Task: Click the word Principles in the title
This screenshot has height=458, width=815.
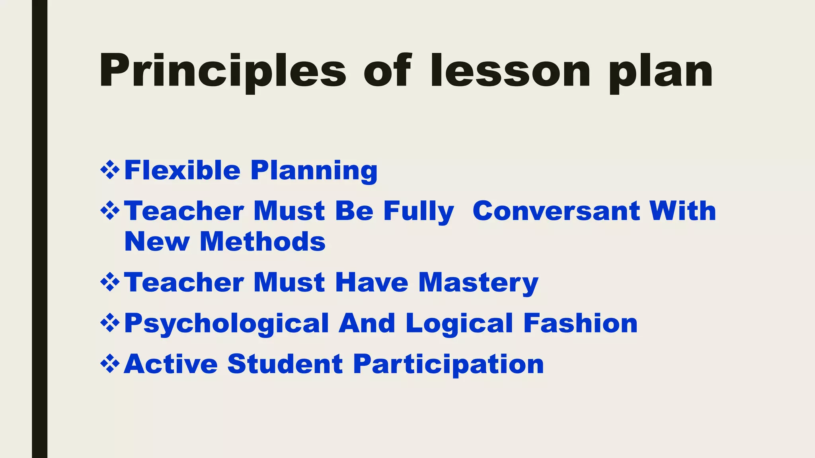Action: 223,72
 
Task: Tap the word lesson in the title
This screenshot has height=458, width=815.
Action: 510,72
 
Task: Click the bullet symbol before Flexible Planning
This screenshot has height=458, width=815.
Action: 110,170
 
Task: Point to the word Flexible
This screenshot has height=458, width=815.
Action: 182,170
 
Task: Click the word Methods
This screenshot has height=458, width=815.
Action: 263,242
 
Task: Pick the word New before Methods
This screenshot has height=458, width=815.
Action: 157,242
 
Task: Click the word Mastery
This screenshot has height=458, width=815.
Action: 478,283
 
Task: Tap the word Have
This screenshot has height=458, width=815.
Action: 372,282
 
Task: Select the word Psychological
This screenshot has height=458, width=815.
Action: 227,324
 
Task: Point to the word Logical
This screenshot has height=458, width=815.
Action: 459,324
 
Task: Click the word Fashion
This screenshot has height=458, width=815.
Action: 580,323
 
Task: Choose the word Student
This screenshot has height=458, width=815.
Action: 285,364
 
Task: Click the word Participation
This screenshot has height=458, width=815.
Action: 448,365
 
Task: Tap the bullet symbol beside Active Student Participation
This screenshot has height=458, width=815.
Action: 110,364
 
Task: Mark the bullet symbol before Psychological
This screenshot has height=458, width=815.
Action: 110,323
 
